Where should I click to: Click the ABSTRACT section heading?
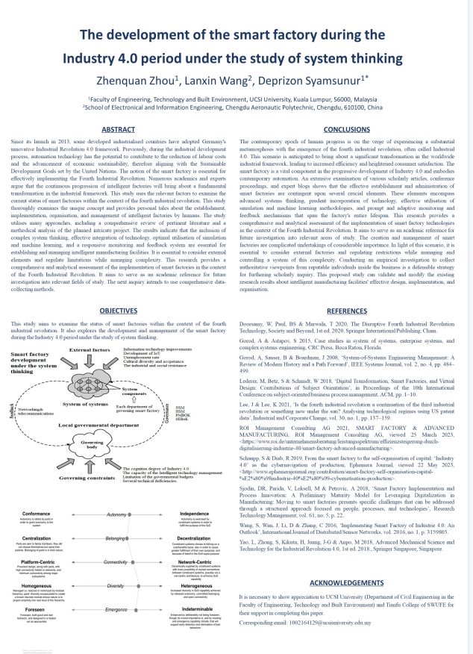pos(118,129)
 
